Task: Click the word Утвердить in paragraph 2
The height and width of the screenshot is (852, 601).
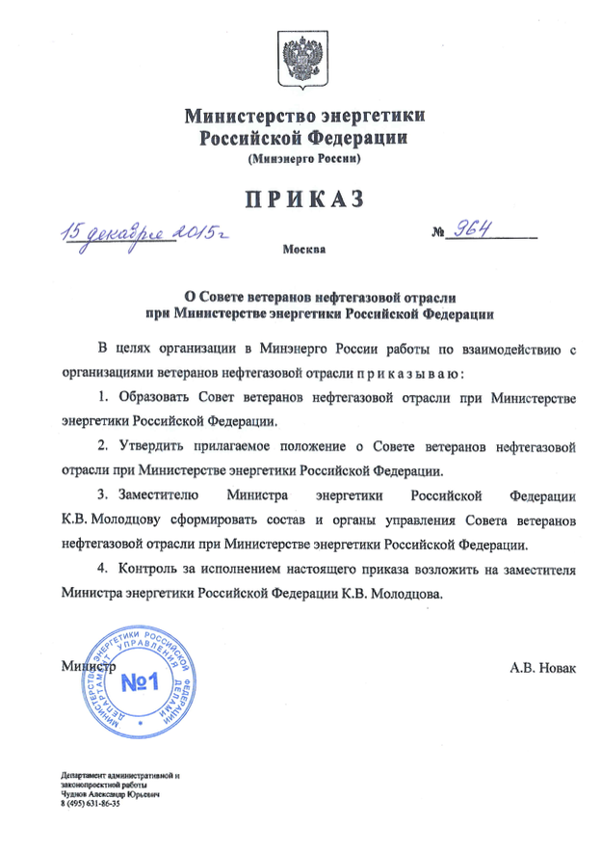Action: coord(152,447)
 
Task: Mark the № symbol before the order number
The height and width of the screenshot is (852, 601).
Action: coord(441,232)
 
